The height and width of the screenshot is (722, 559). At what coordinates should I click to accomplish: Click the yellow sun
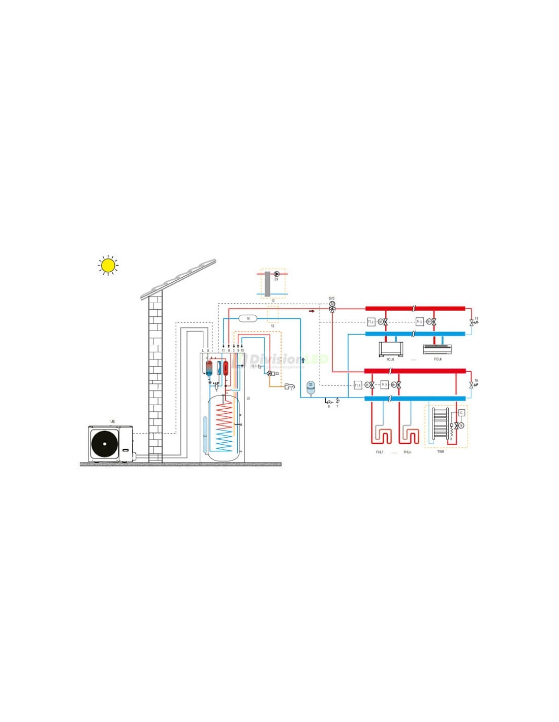pos(108,265)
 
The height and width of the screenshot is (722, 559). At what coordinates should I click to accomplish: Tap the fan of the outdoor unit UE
pos(104,444)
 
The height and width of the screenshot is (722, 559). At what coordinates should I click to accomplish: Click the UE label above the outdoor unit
pos(113,422)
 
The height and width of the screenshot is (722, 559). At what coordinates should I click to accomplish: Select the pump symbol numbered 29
pos(276,274)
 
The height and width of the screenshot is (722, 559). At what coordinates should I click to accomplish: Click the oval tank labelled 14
pos(248,318)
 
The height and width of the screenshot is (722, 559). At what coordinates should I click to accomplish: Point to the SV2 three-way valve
pos(332,308)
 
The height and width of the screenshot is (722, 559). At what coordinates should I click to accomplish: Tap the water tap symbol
pos(290,386)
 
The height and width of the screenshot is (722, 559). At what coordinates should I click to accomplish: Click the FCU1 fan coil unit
pos(391,349)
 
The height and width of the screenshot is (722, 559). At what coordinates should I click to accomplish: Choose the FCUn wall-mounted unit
pos(437,349)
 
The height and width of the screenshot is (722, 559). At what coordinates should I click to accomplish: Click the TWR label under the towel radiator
pos(441,451)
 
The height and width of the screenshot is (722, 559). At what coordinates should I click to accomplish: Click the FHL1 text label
pos(380,452)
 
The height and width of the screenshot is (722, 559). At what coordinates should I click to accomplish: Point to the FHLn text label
pos(407,452)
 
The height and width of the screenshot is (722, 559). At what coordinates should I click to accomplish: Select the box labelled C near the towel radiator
pos(461,413)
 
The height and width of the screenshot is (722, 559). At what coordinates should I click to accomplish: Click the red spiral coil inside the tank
pos(224,416)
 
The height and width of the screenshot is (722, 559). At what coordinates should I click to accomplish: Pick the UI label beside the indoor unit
pos(248,399)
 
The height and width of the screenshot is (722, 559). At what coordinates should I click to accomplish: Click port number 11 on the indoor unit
pos(223,350)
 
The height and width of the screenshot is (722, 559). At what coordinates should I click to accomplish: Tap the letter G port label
pos(208,350)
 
